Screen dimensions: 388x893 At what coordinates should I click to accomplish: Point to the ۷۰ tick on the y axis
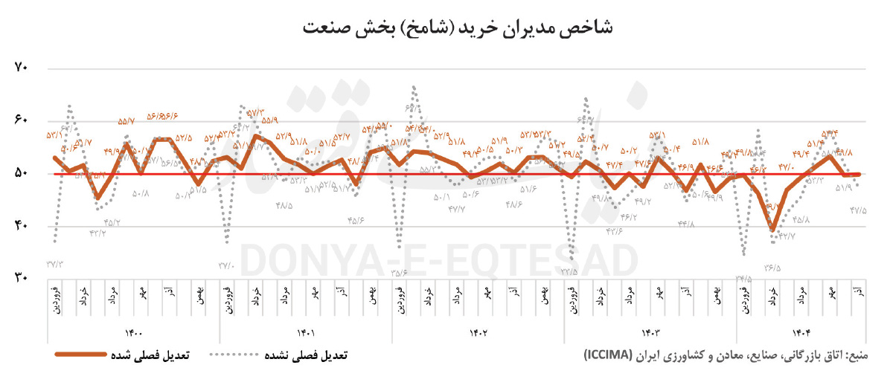click(x=21, y=68)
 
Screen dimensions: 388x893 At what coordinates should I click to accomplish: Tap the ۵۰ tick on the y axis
click(x=21, y=173)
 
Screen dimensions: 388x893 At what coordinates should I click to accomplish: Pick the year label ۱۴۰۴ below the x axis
click(x=798, y=332)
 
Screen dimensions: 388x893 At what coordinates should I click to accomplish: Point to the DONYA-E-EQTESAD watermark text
click(x=439, y=261)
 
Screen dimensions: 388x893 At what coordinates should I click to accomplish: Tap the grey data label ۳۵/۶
click(x=400, y=272)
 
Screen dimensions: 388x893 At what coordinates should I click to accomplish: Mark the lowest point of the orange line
click(x=773, y=230)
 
